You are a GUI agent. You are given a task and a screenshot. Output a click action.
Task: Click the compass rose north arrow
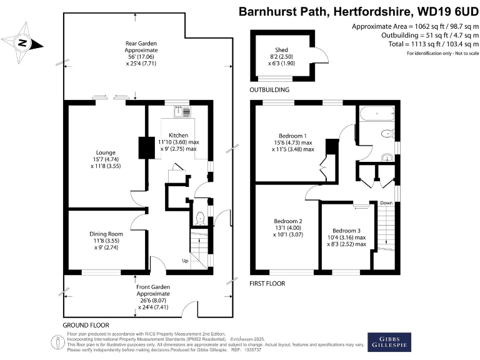[23, 42]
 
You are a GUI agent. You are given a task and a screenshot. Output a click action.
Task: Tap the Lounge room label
[106, 152]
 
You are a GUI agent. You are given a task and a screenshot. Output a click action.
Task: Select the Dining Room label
[106, 234]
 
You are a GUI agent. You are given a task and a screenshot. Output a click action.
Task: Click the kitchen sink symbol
[182, 111]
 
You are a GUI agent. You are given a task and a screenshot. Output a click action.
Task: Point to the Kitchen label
[179, 135]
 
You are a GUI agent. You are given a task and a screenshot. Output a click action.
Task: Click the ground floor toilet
[199, 218]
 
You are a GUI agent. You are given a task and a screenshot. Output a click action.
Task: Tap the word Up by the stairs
[185, 261]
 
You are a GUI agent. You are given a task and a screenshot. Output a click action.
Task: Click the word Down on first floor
[386, 203]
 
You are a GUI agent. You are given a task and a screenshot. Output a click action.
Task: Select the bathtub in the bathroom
[377, 114]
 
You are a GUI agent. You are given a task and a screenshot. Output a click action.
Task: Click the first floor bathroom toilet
[388, 134]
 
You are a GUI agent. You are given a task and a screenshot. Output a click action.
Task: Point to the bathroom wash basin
[387, 157]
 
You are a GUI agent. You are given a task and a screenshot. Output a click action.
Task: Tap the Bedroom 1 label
[292, 136]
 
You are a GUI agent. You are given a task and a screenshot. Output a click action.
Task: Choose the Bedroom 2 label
[288, 221]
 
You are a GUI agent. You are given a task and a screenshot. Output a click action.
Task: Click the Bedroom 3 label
[346, 231]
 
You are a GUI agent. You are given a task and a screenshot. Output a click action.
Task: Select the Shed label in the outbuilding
[281, 50]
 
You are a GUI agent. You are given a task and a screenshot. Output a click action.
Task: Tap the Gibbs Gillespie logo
[389, 342]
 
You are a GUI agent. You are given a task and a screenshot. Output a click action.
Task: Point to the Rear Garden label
[141, 44]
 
